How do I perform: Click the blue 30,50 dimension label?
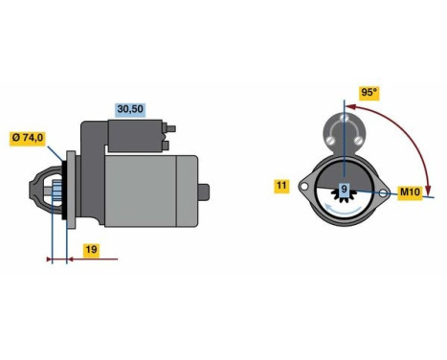129,110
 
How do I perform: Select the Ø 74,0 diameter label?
29,137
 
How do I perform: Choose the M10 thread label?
410,192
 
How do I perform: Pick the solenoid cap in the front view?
343,128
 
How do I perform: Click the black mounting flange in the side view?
68,191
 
